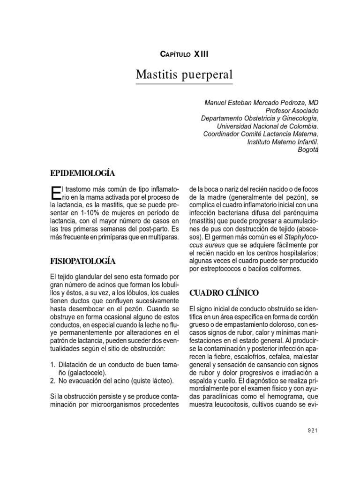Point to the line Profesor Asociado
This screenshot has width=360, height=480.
[x=292, y=111]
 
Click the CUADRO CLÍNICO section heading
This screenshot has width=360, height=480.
[x=224, y=293]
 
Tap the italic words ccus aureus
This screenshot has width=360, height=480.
[x=205, y=245]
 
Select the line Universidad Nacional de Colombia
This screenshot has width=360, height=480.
[x=267, y=127]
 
